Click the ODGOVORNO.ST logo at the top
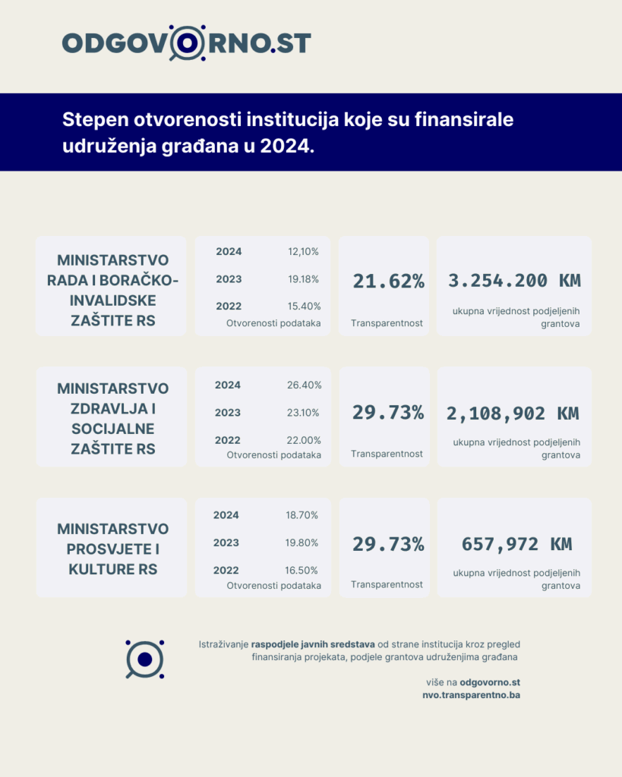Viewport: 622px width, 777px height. pyautogui.click(x=186, y=42)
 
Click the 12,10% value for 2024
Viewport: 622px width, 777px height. pyautogui.click(x=303, y=251)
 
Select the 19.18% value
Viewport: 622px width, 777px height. pyautogui.click(x=303, y=278)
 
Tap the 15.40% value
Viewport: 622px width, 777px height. pyautogui.click(x=305, y=306)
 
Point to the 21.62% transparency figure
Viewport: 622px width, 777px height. pyautogui.click(x=388, y=281)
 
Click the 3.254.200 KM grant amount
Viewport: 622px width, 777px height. pyautogui.click(x=514, y=281)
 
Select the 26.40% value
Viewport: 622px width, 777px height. pyautogui.click(x=305, y=385)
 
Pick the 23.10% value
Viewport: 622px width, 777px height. pyautogui.click(x=305, y=412)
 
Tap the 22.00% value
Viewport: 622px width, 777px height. pyautogui.click(x=305, y=440)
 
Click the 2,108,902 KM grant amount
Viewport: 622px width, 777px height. pyautogui.click(x=513, y=414)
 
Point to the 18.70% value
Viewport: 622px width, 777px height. pyautogui.click(x=302, y=515)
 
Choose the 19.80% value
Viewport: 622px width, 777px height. pyautogui.click(x=302, y=543)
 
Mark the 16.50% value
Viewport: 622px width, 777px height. pyautogui.click(x=302, y=570)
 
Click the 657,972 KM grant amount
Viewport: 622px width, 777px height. pyautogui.click(x=516, y=544)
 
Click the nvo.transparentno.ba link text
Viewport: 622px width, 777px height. pyautogui.click(x=471, y=694)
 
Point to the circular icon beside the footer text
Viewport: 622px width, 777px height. pyautogui.click(x=144, y=659)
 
